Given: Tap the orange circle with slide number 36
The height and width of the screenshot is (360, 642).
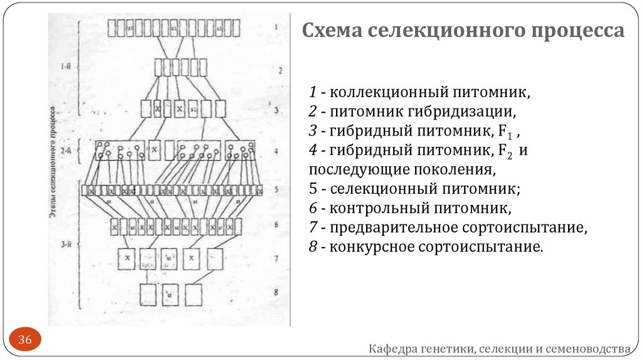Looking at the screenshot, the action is click(25, 340).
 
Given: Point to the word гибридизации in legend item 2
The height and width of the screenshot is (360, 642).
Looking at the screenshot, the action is click(462, 112).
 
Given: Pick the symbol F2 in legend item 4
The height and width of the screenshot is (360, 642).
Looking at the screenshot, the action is click(507, 151).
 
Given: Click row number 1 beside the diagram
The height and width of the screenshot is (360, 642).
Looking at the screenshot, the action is click(275, 28).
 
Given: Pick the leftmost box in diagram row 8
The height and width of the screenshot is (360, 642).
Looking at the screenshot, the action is click(148, 295).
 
